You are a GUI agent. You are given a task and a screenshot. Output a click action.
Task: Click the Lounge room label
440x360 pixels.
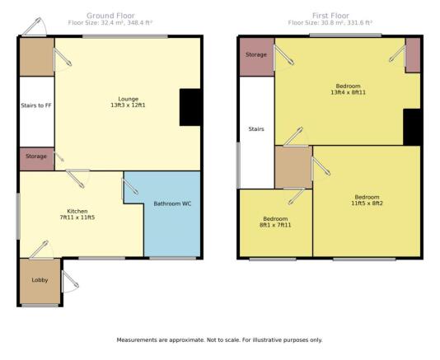[x=129, y=99]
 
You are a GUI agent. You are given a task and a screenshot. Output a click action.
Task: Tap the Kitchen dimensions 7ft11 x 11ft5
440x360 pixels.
[x=77, y=217]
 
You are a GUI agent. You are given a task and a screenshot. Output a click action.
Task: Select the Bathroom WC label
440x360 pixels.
[x=172, y=203]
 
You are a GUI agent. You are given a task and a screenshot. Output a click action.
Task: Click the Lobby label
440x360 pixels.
[x=40, y=280]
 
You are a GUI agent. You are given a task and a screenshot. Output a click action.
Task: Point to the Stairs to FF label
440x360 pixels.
[x=36, y=105]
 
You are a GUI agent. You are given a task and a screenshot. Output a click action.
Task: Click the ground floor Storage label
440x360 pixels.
[x=36, y=156]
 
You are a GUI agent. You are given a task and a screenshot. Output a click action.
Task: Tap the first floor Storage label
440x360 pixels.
[x=256, y=54]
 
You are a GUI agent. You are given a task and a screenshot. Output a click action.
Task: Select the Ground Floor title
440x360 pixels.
[x=110, y=16]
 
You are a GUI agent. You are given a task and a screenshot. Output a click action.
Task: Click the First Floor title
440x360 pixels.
[x=330, y=16]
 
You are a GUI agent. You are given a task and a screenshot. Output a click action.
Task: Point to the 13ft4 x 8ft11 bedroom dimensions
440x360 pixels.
[x=348, y=92]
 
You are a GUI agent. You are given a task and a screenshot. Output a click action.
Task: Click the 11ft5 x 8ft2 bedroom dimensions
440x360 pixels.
[x=367, y=203]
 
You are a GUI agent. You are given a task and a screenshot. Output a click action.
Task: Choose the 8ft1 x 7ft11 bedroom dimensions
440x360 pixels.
[x=275, y=225]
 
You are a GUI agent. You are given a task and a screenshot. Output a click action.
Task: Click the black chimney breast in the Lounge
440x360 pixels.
[x=190, y=107]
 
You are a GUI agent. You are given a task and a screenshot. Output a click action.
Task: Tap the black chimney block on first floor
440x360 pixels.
[x=412, y=127]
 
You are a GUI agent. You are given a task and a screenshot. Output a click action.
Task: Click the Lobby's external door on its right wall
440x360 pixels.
[x=70, y=282]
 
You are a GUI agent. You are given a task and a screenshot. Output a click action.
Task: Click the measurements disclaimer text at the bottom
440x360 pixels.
[x=219, y=340]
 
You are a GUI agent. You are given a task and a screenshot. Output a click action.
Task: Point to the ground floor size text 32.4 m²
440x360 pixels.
[x=110, y=23]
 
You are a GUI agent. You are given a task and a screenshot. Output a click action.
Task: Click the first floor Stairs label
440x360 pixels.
[x=256, y=129]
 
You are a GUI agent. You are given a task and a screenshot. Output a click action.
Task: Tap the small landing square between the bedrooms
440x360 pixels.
[x=293, y=167]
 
